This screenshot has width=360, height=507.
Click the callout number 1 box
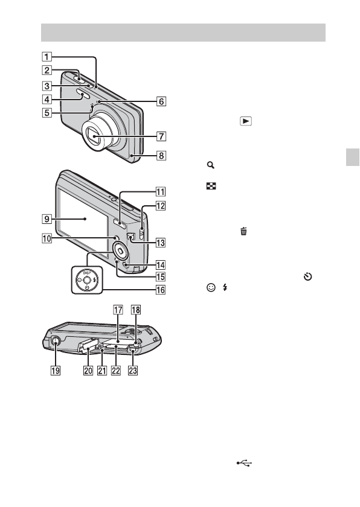[x=47, y=57]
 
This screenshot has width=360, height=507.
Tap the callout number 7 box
[x=161, y=136]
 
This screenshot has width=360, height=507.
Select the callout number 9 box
[x=47, y=219]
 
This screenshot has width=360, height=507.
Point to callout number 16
[x=161, y=290]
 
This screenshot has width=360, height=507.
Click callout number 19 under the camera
[x=56, y=371]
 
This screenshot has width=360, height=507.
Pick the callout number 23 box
[x=133, y=371]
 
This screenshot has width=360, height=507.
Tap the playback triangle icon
[x=246, y=121]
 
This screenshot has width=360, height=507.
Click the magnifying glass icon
[x=211, y=165]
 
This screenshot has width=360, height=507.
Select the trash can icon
[x=243, y=231]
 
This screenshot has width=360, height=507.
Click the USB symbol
[x=244, y=464]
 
